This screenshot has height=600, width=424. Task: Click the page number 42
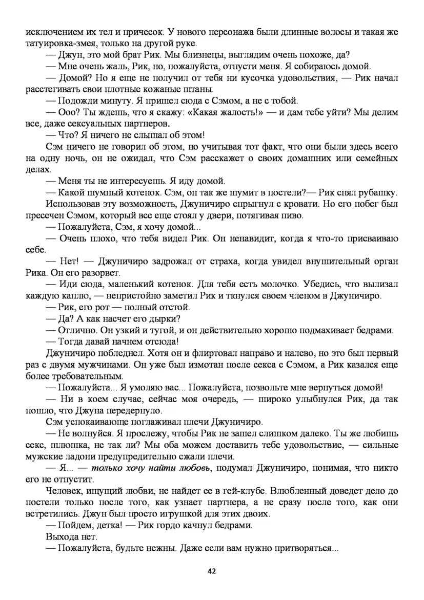pos(212,571)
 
